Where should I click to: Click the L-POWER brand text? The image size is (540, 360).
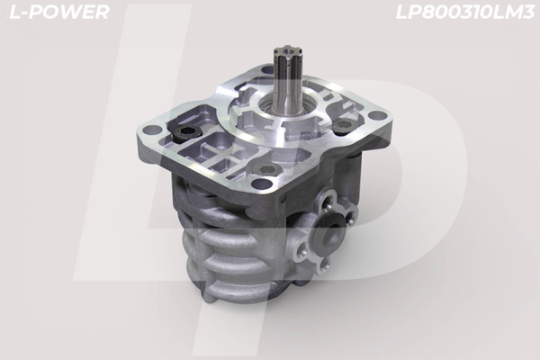coord(57,12)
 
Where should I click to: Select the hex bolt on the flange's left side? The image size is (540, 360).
coord(187,132)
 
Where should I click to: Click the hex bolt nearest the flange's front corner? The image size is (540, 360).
coord(267,169)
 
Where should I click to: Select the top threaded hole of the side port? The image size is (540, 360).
coord(328,195)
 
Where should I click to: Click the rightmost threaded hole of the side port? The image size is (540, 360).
coord(352,212)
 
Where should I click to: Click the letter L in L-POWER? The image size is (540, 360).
coord(11,12)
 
